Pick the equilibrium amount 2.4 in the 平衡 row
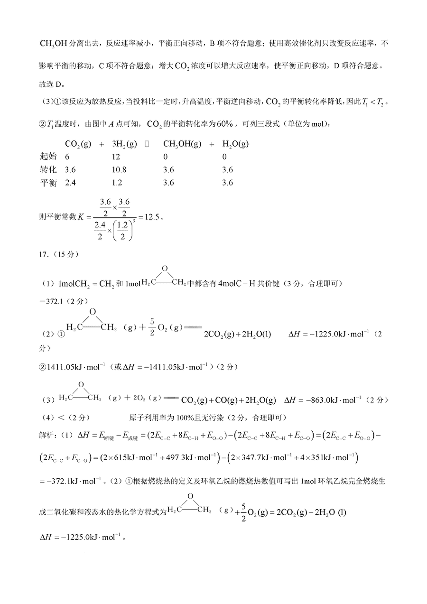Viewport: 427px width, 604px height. click(x=70, y=183)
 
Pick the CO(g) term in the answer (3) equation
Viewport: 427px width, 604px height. click(x=226, y=400)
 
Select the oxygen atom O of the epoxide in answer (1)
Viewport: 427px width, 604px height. click(x=164, y=269)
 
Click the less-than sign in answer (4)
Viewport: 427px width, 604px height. click(x=60, y=418)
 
